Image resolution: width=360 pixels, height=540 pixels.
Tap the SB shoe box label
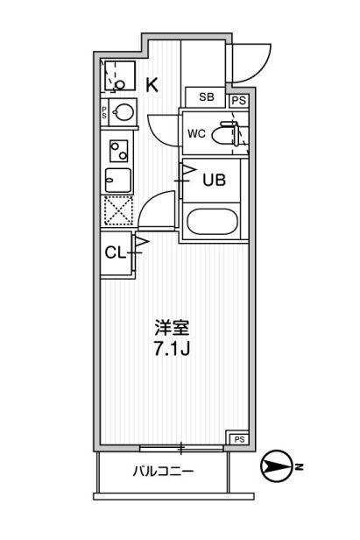(205, 97)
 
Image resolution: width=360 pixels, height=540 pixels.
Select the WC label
(197, 133)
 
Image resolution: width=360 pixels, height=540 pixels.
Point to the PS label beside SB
(238, 101)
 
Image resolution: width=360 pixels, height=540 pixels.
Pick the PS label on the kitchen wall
(104, 111)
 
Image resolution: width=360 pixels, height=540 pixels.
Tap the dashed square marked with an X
(116, 210)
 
